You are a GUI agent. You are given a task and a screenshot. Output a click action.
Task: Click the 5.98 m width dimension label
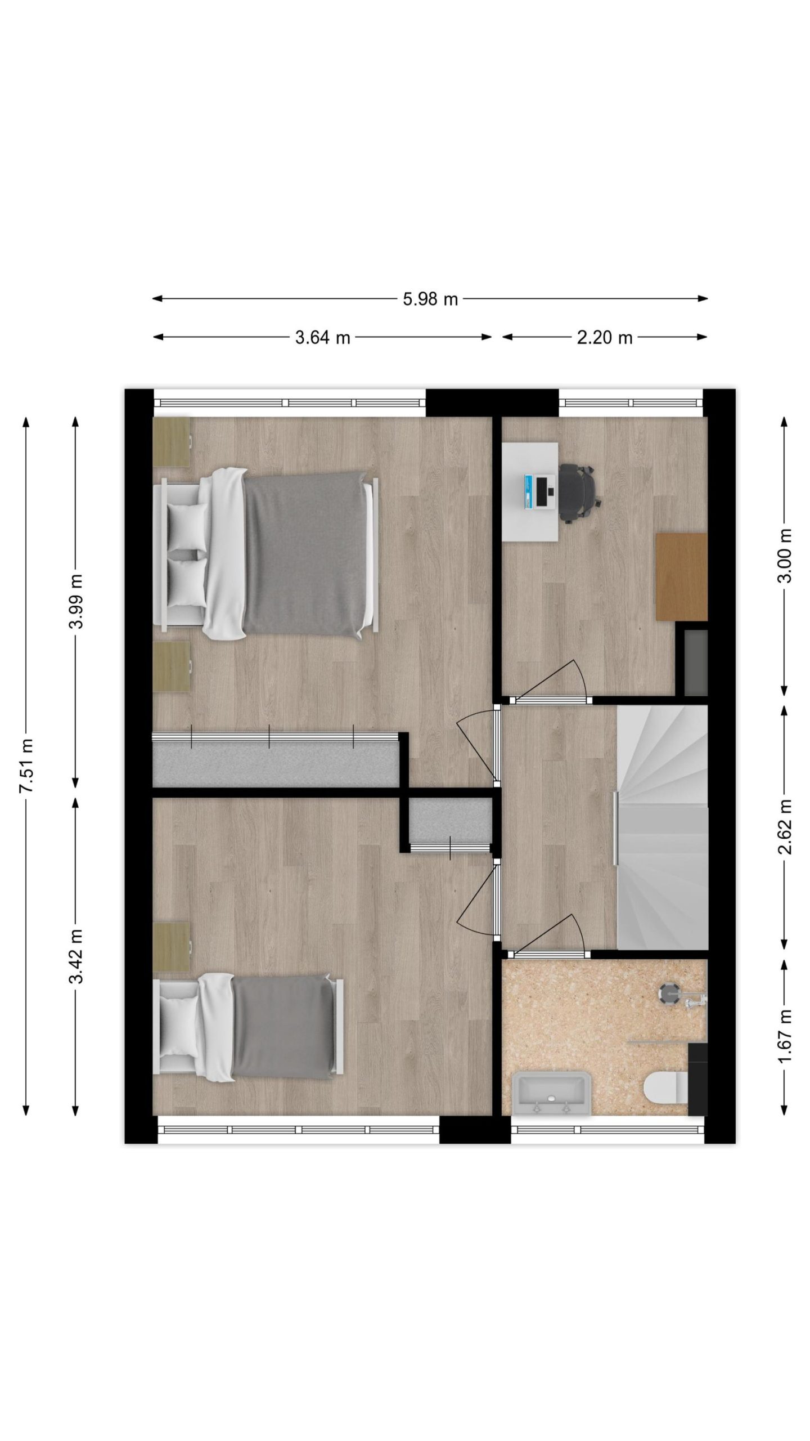click(430, 299)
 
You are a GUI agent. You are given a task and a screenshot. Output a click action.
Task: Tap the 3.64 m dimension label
click(322, 337)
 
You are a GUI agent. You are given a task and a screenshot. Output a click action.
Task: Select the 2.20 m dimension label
click(605, 337)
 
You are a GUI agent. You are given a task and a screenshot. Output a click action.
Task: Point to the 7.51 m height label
click(26, 766)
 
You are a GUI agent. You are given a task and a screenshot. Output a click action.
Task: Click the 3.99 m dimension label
click(76, 601)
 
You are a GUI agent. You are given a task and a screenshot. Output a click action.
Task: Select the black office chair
click(580, 493)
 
